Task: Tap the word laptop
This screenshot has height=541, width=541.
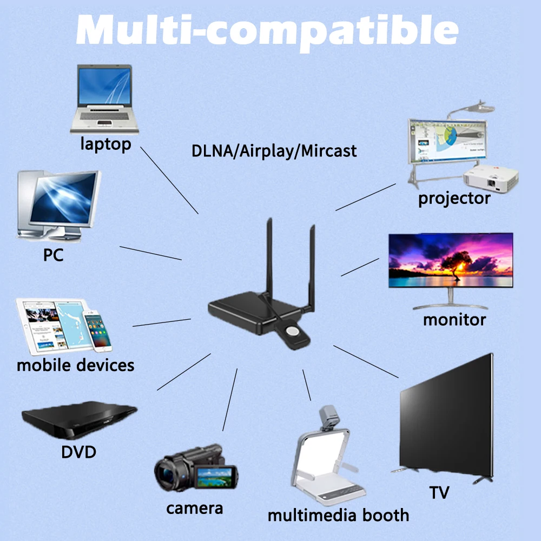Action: (x=106, y=144)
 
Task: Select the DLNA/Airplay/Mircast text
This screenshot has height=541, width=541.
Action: (x=274, y=150)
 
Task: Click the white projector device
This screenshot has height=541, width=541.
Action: (x=491, y=178)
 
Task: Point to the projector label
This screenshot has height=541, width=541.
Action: (x=454, y=198)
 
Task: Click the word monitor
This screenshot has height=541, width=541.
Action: (x=454, y=319)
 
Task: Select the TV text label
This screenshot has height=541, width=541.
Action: (x=439, y=493)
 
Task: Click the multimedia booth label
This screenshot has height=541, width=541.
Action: (x=339, y=514)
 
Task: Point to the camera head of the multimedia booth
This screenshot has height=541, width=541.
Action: (x=328, y=417)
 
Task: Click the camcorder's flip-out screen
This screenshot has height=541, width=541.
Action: (x=216, y=477)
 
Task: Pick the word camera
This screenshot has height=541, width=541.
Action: (x=194, y=508)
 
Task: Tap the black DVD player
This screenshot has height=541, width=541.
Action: (x=79, y=420)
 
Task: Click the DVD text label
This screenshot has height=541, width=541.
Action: (x=78, y=451)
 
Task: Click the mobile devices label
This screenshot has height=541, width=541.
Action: (x=75, y=365)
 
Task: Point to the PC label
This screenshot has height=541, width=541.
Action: (x=53, y=254)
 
